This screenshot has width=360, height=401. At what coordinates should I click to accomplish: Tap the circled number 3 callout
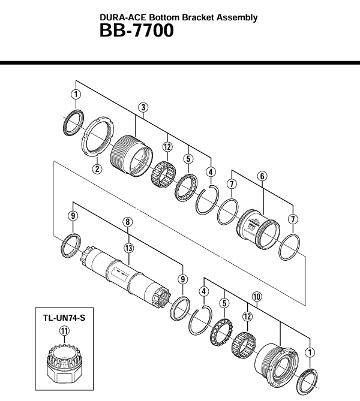[x=143, y=107]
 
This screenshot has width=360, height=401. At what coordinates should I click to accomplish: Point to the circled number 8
[x=127, y=222]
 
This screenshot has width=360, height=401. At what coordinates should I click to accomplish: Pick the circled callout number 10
[x=257, y=296]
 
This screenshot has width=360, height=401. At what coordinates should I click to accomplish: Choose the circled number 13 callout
[x=127, y=248]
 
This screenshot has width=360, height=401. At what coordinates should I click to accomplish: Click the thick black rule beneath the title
[x=180, y=62]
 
